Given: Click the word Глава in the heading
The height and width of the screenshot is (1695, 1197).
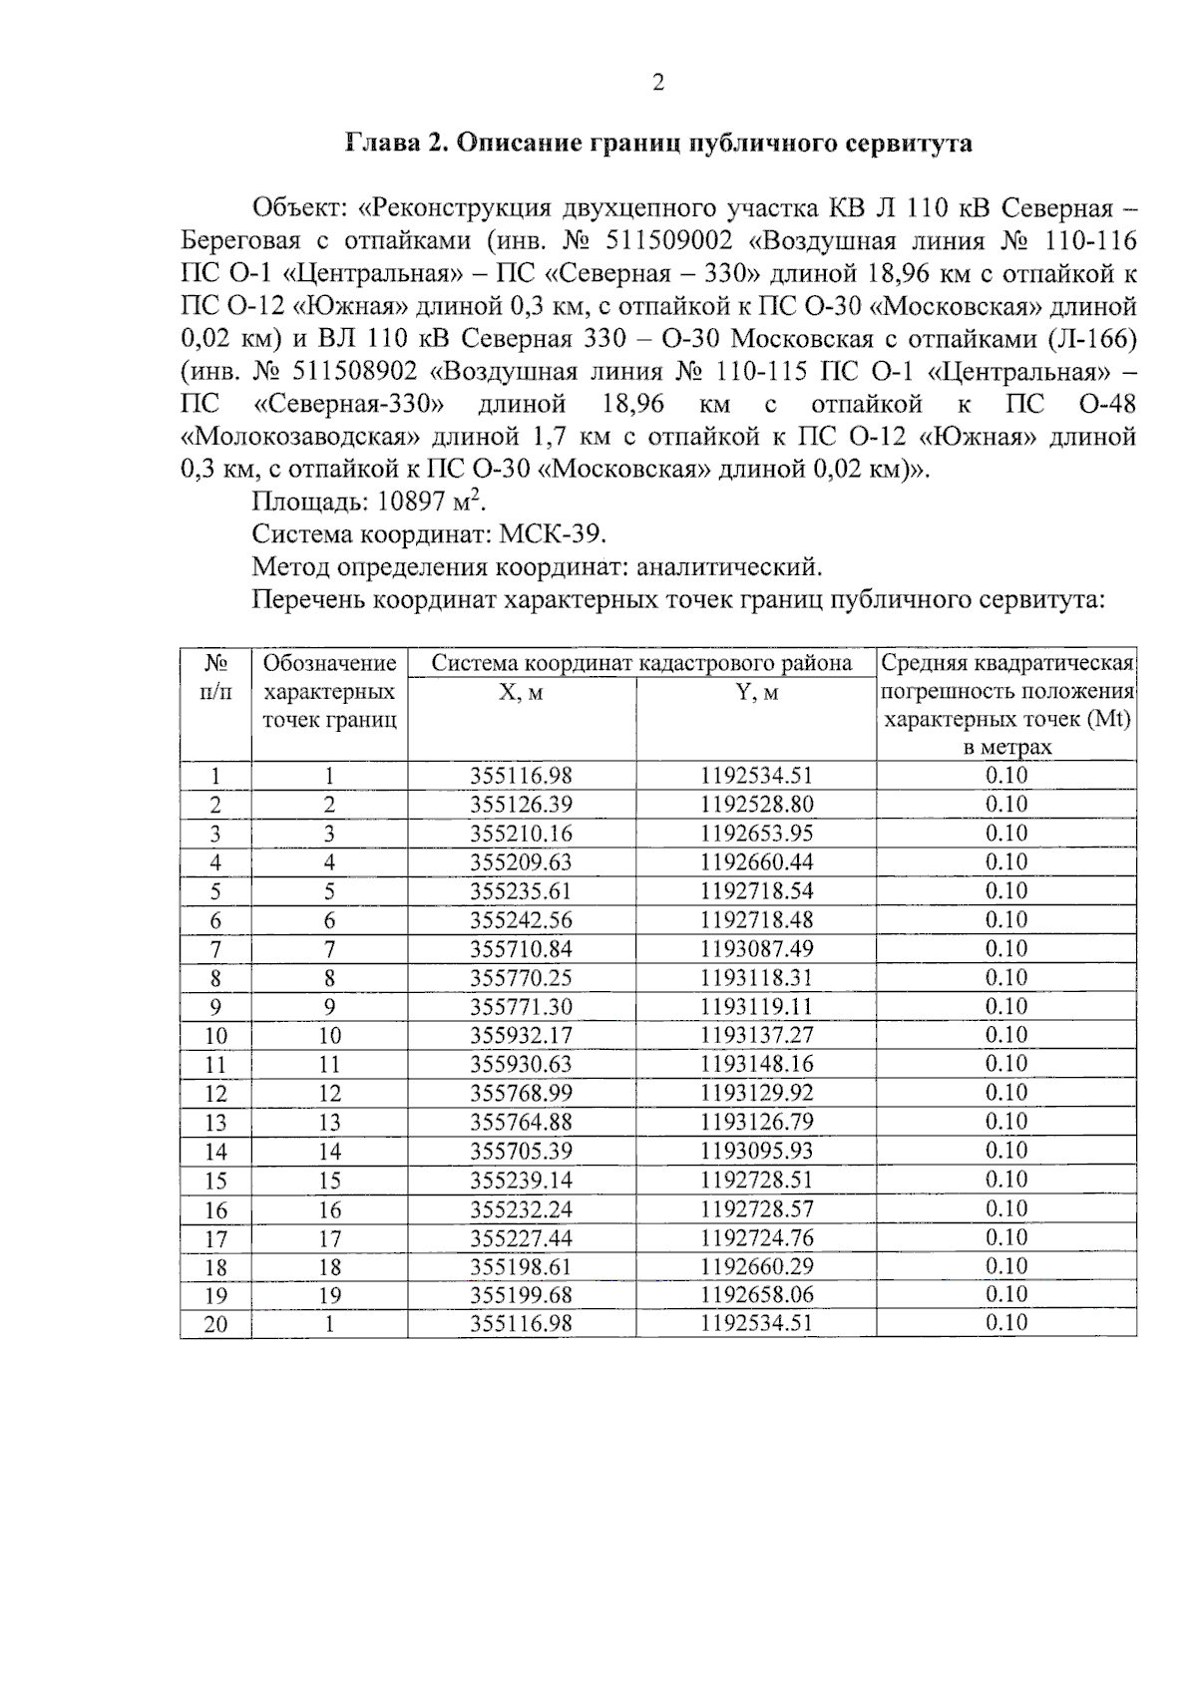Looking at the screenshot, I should pyautogui.click(x=382, y=143).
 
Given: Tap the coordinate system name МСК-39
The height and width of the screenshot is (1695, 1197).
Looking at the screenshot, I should pyautogui.click(x=552, y=534).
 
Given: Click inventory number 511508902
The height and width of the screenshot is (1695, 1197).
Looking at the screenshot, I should pyautogui.click(x=355, y=372).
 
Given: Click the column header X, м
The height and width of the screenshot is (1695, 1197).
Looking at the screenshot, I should pyautogui.click(x=521, y=692).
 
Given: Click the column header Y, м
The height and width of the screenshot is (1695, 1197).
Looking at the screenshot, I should pyautogui.click(x=756, y=692).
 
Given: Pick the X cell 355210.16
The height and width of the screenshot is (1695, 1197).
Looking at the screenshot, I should pyautogui.click(x=521, y=834).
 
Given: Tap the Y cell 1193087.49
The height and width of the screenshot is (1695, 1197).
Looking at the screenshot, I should pyautogui.click(x=756, y=949).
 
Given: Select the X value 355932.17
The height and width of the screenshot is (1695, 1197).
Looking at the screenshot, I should pyautogui.click(x=521, y=1036).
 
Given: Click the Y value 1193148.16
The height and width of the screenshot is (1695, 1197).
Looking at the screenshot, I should pyautogui.click(x=756, y=1065).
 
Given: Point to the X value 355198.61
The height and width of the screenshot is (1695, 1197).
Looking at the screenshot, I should pyautogui.click(x=521, y=1267).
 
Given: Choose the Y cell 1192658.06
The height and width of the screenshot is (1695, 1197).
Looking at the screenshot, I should pyautogui.click(x=756, y=1295).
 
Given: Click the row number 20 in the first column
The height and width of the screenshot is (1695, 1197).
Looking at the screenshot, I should pyautogui.click(x=215, y=1324).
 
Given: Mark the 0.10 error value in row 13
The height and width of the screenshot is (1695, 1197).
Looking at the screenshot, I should pyautogui.click(x=1005, y=1122).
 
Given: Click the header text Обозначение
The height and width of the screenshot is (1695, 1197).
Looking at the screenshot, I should pyautogui.click(x=329, y=663).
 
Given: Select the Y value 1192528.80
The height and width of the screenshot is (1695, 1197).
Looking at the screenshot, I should pyautogui.click(x=756, y=805).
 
